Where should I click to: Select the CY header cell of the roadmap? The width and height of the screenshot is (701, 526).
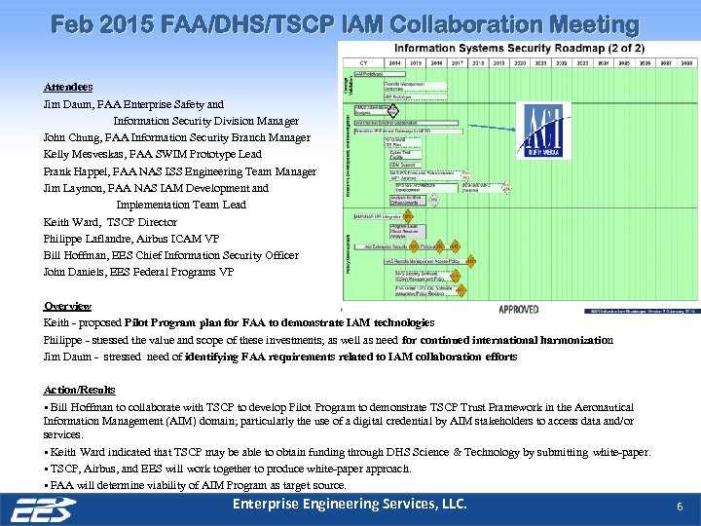tap(362, 61)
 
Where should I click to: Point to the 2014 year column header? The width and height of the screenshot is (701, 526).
tap(394, 61)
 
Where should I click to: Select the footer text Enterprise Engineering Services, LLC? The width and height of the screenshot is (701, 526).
tap(350, 504)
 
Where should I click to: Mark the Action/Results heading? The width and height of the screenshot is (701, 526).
tap(80, 390)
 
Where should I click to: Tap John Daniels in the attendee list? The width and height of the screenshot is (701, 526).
tap(77, 272)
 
